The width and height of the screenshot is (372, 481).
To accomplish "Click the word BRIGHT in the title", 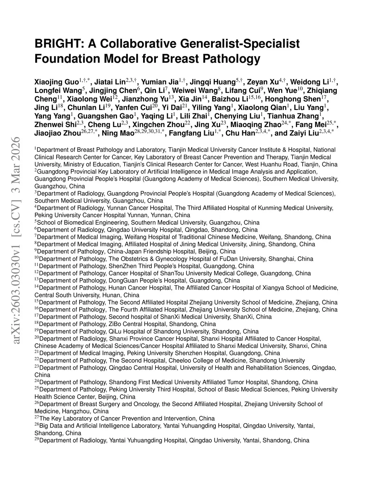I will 58,44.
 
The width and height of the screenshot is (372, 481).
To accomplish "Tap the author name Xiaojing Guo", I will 56,82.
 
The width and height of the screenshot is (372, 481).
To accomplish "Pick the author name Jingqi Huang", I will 214,82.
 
